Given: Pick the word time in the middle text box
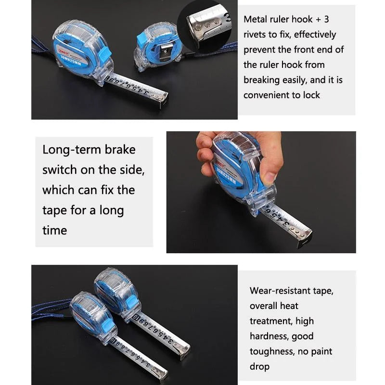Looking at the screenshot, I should (54, 230).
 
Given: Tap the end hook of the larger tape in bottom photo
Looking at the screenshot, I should (184, 353).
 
